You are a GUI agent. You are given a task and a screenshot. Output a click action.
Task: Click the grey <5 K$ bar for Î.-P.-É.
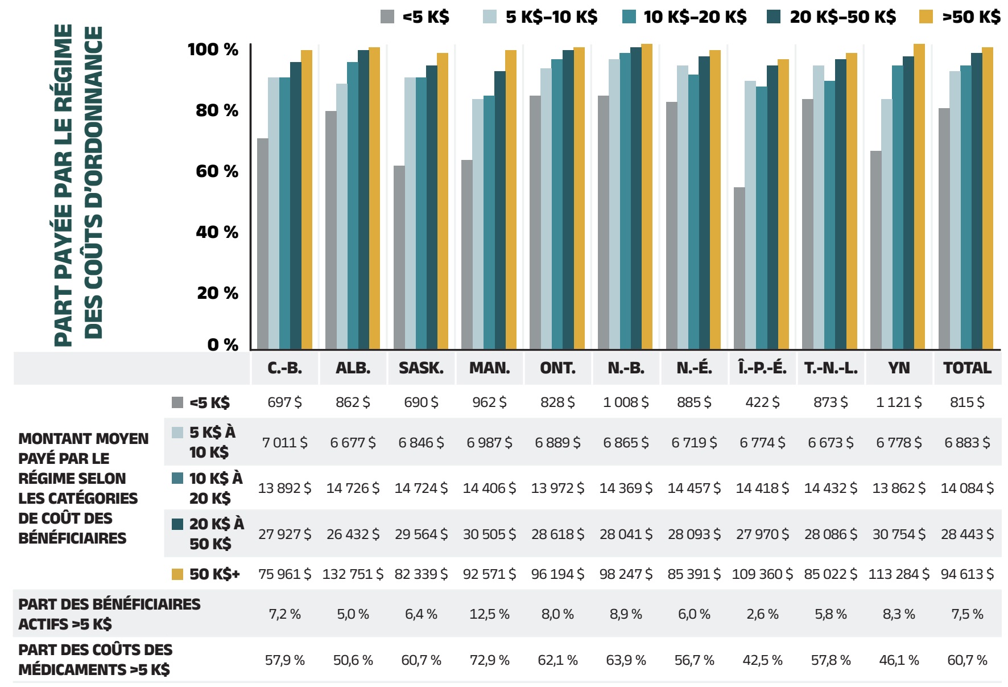click(739, 268)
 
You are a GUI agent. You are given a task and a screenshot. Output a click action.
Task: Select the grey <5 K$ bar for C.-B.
click(262, 244)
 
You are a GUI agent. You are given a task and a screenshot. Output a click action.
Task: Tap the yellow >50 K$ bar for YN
click(919, 196)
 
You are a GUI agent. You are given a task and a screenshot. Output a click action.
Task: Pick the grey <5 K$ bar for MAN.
click(466, 254)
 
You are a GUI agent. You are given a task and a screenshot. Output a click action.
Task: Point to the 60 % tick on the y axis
click(217, 171)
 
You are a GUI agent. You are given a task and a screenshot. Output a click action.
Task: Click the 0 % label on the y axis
click(222, 344)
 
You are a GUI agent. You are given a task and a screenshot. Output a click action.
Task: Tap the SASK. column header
click(421, 368)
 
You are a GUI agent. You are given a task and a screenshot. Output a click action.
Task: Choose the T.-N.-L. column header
click(831, 368)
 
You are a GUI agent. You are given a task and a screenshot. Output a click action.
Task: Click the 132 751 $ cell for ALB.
click(353, 574)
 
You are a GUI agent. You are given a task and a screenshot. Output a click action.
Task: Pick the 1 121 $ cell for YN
click(899, 402)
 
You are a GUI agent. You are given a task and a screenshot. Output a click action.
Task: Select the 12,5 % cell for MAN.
click(489, 614)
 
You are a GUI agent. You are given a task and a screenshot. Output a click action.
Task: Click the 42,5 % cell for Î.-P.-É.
click(762, 660)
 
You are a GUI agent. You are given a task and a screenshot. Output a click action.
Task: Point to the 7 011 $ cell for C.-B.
click(284, 442)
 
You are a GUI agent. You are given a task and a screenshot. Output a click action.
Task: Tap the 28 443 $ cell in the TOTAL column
click(967, 534)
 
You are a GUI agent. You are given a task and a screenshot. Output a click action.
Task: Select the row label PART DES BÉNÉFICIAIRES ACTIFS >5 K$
click(109, 614)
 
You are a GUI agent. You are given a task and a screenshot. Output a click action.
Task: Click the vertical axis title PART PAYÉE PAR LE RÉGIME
click(64, 185)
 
